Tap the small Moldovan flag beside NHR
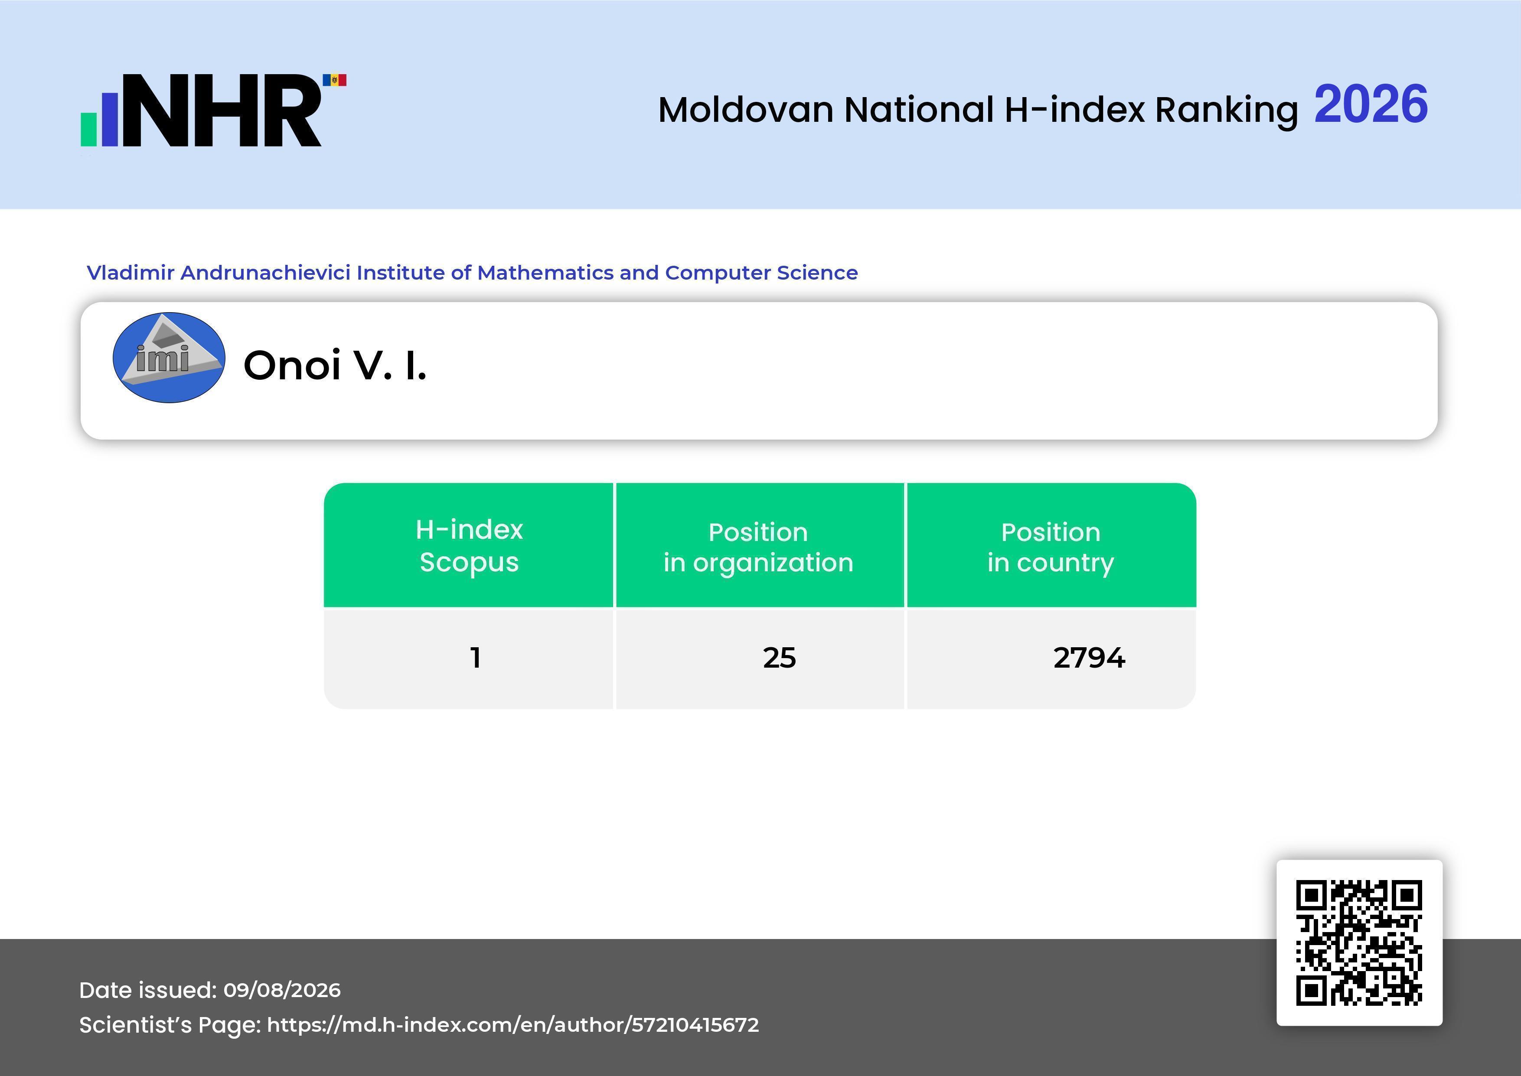pyautogui.click(x=335, y=80)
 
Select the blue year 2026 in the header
pyautogui.click(x=1371, y=104)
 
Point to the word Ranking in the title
pyautogui.click(x=1226, y=111)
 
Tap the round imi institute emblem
pyautogui.click(x=169, y=358)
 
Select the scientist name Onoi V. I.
pyautogui.click(x=335, y=365)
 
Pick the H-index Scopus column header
pyautogui.click(x=469, y=545)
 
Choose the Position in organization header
pyautogui.click(x=758, y=547)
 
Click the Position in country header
pyautogui.click(x=1051, y=547)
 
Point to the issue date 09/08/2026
pyautogui.click(x=282, y=990)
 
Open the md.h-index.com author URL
pyautogui.click(x=513, y=1025)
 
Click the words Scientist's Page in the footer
pyautogui.click(x=170, y=1025)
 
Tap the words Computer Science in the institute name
pyautogui.click(x=761, y=273)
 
